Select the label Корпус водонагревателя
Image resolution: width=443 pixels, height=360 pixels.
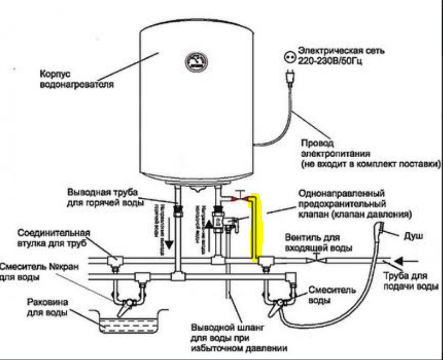77,79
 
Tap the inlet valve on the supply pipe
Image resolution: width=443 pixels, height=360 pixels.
317,257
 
